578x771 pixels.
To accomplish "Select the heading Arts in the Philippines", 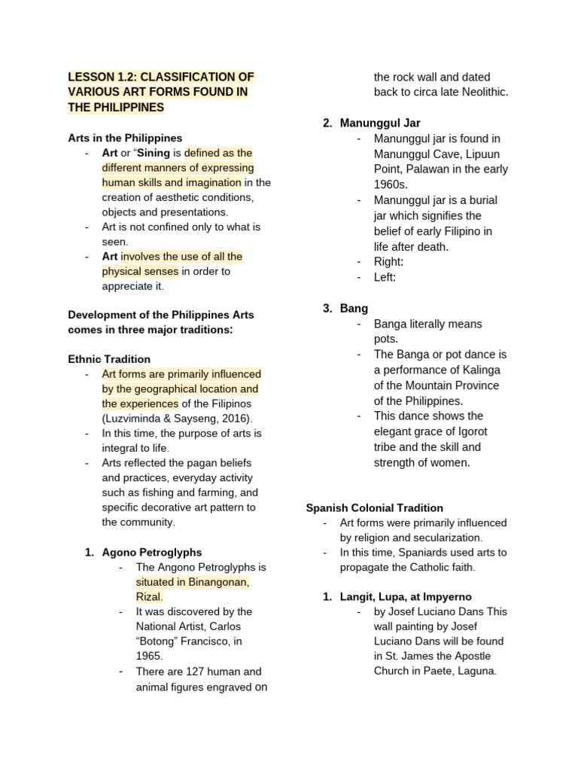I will coord(125,138).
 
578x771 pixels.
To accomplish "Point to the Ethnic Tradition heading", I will coord(109,359).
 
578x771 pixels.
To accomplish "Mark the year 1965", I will coord(149,656).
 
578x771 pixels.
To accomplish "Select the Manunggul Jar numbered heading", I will coord(380,123).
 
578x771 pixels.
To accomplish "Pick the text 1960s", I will coord(391,184).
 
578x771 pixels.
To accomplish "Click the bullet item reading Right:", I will coord(388,261).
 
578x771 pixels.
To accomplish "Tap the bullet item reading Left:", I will coord(385,277).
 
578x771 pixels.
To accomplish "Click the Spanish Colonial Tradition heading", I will coord(374,508).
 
